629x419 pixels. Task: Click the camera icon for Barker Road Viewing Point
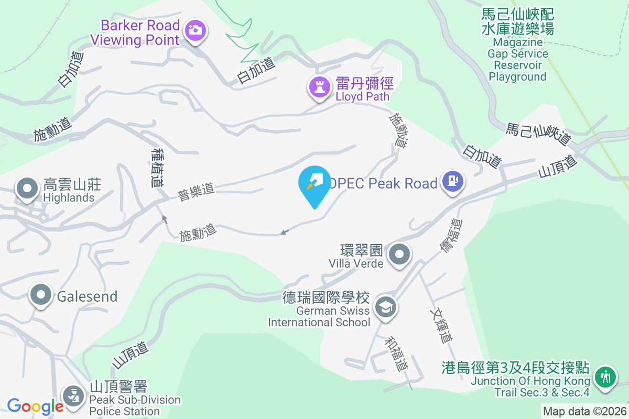[x=196, y=30]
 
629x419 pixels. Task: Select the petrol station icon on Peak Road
[x=452, y=182]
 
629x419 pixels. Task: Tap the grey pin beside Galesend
[x=41, y=295]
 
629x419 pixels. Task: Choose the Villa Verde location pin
[x=399, y=255]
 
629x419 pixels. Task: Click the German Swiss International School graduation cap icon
[x=386, y=307]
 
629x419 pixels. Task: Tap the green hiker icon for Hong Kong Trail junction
[x=605, y=377]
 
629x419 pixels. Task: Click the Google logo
[x=35, y=406]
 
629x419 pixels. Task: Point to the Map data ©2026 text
[x=584, y=412]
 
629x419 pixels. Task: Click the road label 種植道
[x=156, y=167]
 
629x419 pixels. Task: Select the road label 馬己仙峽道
[x=538, y=134]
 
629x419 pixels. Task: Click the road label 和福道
[x=396, y=354]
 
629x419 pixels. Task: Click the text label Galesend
[x=87, y=296]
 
